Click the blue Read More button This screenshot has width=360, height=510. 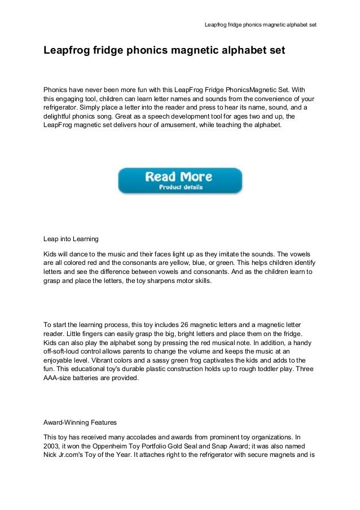click(179, 181)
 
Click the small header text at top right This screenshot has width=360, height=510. click(260, 25)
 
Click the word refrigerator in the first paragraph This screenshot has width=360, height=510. click(60, 107)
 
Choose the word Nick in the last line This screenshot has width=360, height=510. click(51, 459)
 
